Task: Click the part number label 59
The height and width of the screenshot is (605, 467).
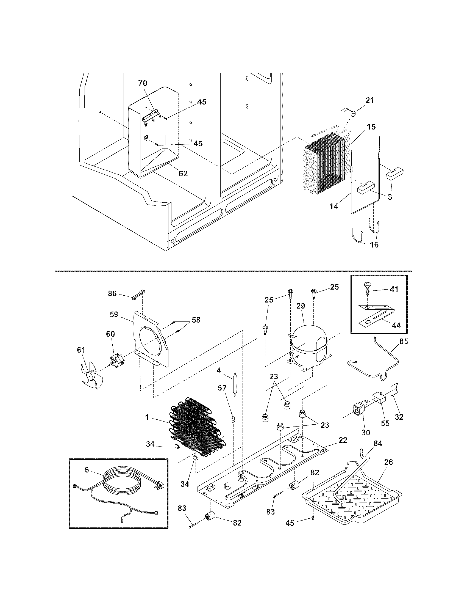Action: point(114,314)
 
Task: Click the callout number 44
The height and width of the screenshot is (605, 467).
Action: point(396,325)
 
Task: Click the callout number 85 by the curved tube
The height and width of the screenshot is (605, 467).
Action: point(404,342)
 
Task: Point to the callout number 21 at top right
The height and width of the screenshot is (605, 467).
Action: point(369,100)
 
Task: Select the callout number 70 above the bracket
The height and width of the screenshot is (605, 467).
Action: point(143,83)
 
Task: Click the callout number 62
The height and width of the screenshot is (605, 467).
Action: point(183,174)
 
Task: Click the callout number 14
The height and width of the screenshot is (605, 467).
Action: point(334,206)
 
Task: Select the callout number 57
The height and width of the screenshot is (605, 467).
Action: point(222,387)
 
